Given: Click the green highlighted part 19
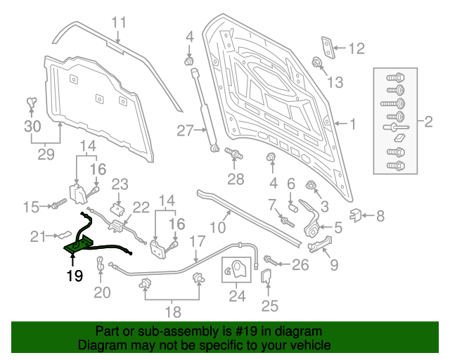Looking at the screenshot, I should point(78,245).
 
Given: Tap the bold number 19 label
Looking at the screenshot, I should point(75,276).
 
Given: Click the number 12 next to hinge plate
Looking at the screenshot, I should point(356,49).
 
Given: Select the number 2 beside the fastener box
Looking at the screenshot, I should point(428,122).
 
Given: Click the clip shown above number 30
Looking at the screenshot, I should point(31,104).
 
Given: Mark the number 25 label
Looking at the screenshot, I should point(270,305).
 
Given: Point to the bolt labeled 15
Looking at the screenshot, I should point(56,205).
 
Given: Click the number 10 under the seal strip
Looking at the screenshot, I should point(219,227).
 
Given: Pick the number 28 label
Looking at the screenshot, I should point(235,179).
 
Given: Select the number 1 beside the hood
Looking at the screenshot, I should point(354,124).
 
